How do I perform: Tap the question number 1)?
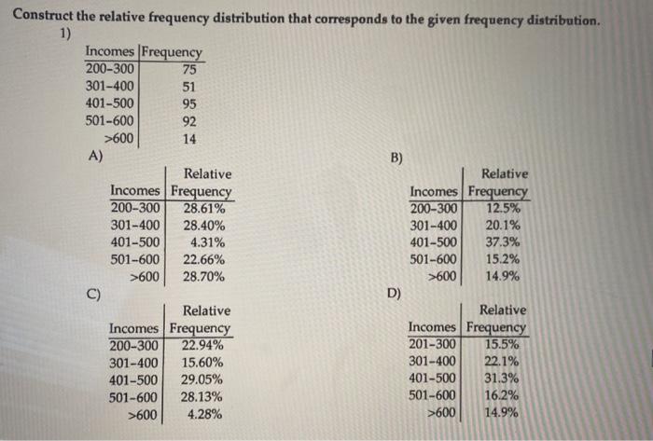pos(67,34)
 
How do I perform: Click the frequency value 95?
pos(189,103)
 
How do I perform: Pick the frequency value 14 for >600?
pos(189,139)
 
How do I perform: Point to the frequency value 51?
pos(189,86)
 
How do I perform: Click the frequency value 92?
pos(189,121)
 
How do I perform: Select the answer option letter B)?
pos(396,158)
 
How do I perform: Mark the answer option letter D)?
pos(396,296)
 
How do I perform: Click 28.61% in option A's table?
pos(203,208)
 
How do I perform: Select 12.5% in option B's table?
pos(504,208)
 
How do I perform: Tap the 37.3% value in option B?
pos(504,241)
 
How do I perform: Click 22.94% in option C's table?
pos(201,345)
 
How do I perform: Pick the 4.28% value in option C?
pos(205,413)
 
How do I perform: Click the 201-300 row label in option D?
pos(433,344)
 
